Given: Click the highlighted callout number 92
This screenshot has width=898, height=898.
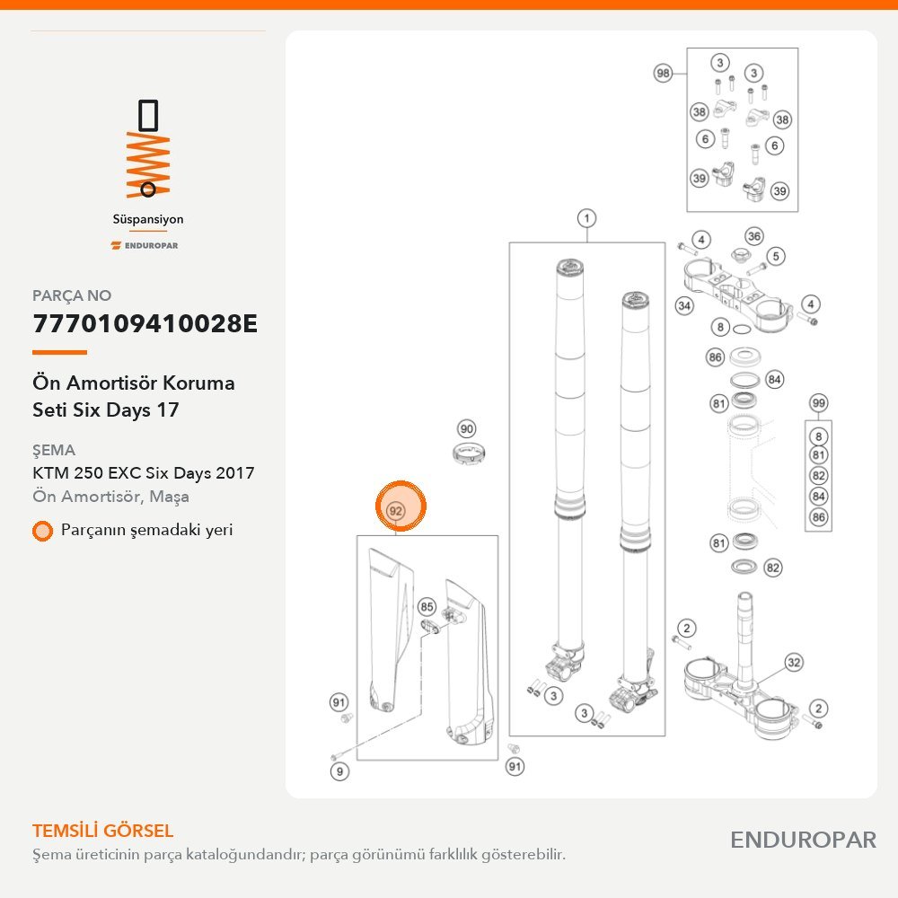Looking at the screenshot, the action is (x=396, y=510).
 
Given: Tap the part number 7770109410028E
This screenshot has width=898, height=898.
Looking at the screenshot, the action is (x=145, y=323).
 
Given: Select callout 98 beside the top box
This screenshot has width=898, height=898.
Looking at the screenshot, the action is (x=663, y=74).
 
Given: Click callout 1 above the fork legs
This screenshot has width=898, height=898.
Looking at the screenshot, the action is (x=586, y=218).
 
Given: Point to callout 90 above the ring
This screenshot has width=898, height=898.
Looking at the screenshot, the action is (x=467, y=429).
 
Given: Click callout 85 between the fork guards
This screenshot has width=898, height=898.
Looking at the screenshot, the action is (x=427, y=606).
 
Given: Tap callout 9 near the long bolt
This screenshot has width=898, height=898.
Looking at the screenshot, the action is (x=339, y=771).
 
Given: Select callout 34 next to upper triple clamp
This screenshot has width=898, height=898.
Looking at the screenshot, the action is (x=684, y=306).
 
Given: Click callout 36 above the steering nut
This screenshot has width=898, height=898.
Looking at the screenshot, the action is (x=754, y=236).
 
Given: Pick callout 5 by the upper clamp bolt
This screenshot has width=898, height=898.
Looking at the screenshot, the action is (x=776, y=256).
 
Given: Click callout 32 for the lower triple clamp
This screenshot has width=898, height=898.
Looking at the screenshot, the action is (x=794, y=663).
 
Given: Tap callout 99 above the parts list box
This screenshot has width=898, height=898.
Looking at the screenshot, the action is (x=819, y=403).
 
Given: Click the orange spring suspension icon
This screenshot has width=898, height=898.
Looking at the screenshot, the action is (x=148, y=149).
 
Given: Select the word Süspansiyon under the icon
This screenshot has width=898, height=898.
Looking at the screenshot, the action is (x=148, y=219).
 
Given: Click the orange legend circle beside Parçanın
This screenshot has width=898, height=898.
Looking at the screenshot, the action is (x=42, y=531).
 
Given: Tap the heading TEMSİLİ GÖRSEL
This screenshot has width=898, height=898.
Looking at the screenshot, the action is (x=102, y=831).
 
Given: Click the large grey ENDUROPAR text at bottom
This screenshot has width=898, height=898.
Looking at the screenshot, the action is (x=803, y=841).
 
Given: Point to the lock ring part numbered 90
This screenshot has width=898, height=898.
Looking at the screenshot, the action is (x=470, y=453).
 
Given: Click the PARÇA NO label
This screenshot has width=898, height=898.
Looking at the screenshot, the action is (x=72, y=295).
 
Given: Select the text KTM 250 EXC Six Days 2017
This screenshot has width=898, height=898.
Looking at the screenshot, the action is (x=143, y=473).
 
